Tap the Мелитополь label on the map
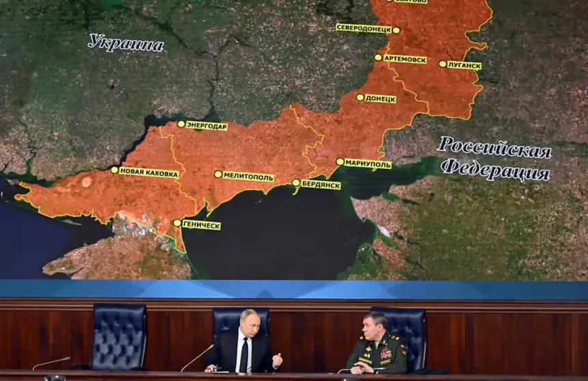click(248, 176)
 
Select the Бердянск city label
click(320, 185)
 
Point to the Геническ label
click(201, 225)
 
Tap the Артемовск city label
click(404, 60)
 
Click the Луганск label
click(464, 66)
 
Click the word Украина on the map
click(126, 44)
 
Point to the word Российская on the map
click(494, 147)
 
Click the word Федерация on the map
click(494, 169)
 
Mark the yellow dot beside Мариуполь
click(340, 162)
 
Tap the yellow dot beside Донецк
click(360, 97)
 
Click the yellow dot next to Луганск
click(442, 64)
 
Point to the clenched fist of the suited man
click(277, 359)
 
